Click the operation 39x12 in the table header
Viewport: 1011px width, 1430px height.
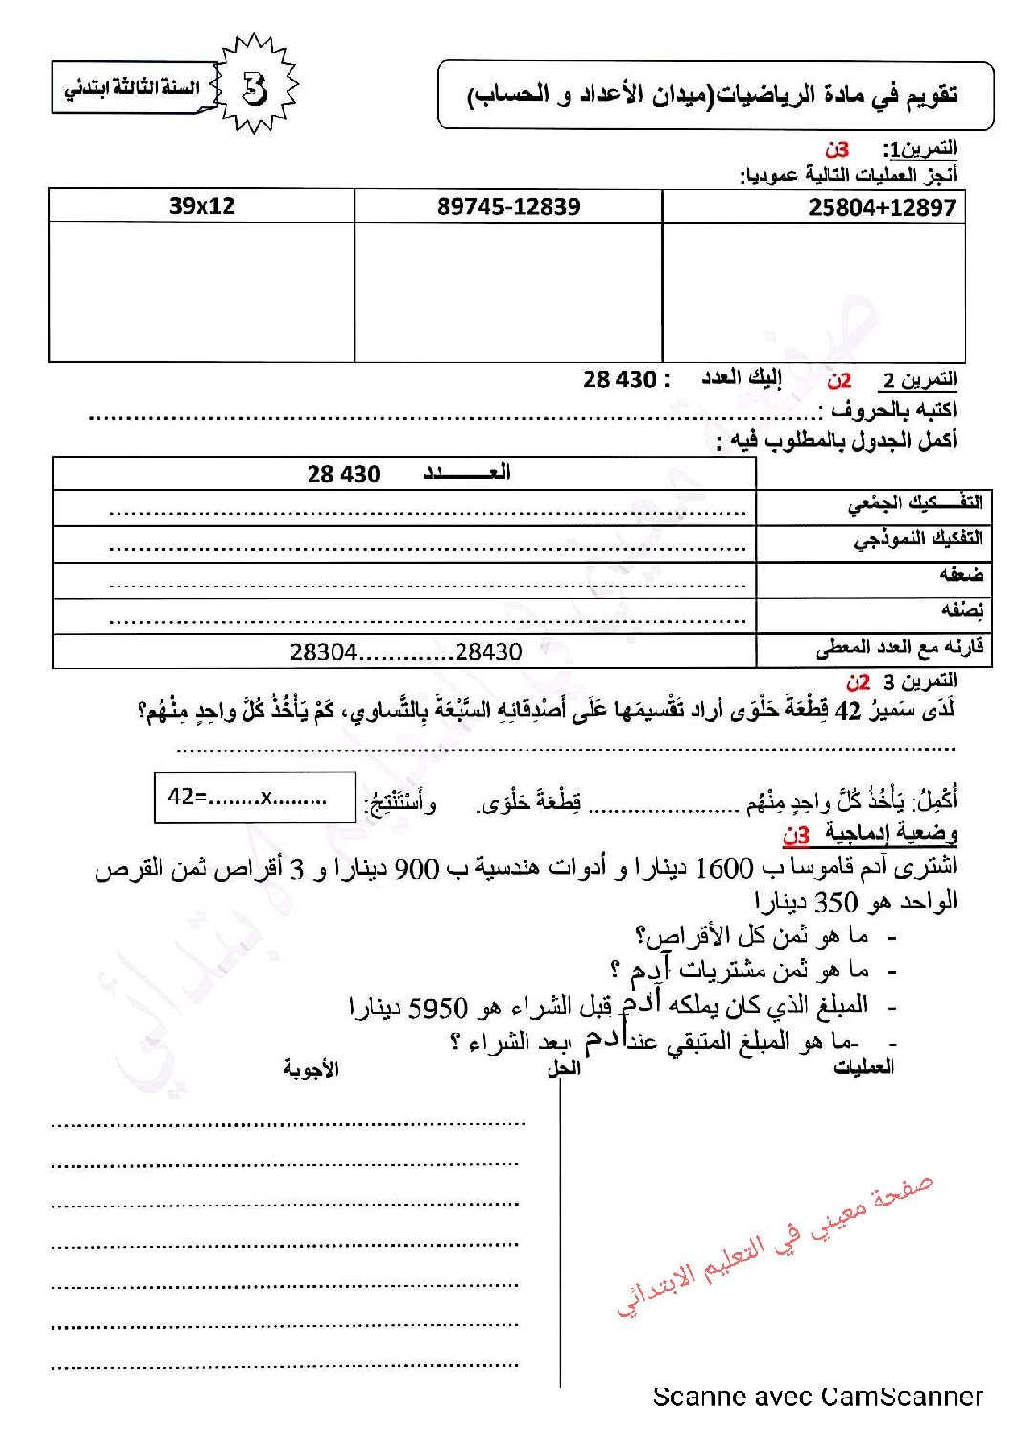point(202,205)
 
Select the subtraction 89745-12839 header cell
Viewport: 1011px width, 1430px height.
point(508,206)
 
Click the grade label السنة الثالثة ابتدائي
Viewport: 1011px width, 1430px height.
point(131,89)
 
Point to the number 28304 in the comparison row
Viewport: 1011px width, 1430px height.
point(323,652)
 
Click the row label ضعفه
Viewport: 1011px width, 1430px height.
point(960,574)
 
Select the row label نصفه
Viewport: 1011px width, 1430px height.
point(961,609)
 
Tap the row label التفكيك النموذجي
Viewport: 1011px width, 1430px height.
point(917,540)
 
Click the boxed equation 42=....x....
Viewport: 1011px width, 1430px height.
point(254,798)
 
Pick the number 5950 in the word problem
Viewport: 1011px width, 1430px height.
point(438,1008)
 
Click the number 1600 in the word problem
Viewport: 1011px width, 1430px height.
point(724,868)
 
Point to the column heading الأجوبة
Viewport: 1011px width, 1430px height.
point(311,1069)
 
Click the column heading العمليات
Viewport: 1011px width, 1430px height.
point(863,1067)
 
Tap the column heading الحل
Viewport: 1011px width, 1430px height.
point(564,1068)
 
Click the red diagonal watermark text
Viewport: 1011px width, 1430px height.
point(774,1246)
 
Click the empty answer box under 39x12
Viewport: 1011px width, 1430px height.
point(202,291)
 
